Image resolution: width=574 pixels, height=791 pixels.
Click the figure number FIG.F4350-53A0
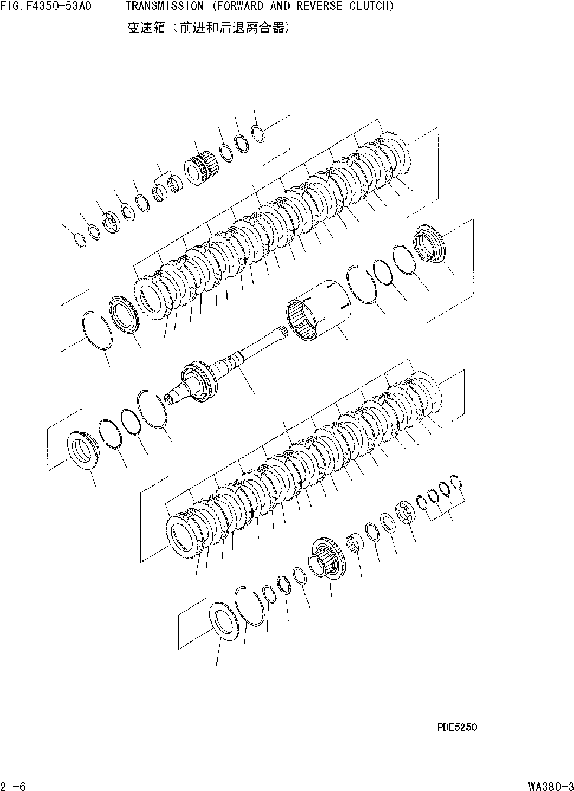coord(46,7)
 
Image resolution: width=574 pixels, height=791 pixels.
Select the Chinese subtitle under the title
coord(208,27)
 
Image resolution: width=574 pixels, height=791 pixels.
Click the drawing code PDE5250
coord(457,727)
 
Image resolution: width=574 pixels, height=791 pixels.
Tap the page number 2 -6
coord(14,785)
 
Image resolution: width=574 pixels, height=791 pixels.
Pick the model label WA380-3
coord(550,785)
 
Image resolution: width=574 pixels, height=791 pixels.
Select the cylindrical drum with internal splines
coord(318,311)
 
